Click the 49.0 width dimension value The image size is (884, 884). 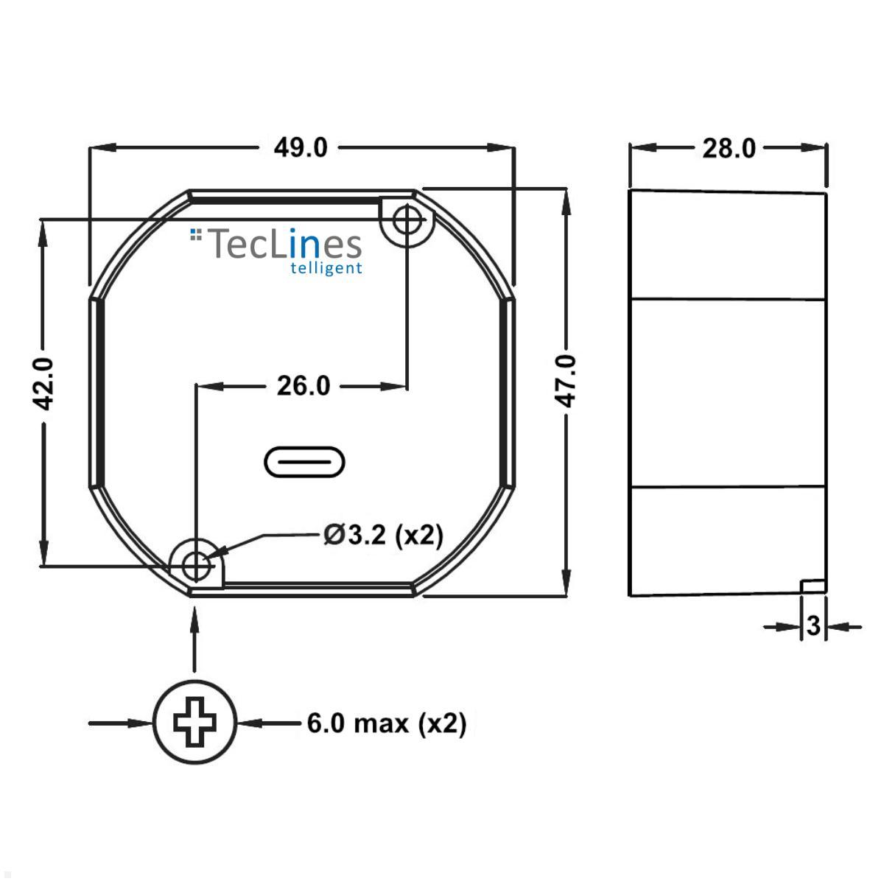point(301,148)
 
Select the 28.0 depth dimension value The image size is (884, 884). point(729,148)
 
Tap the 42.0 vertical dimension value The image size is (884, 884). point(45,383)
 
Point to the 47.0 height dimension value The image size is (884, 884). point(566,380)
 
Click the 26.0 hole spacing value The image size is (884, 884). point(303,385)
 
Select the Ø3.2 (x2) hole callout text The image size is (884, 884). point(383,535)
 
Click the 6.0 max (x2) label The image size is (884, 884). point(387,723)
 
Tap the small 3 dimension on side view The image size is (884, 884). point(813,626)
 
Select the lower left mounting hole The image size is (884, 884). point(195,566)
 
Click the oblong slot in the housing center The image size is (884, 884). point(304,462)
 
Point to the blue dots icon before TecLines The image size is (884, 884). point(195,234)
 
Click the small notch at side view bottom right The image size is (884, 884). point(813,586)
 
